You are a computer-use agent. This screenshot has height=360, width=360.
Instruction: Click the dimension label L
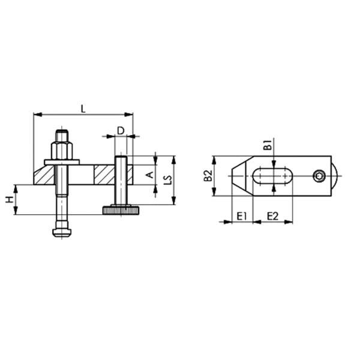(83, 107)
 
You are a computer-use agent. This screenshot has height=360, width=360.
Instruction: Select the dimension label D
(120, 130)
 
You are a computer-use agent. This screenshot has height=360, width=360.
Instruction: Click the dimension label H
(10, 199)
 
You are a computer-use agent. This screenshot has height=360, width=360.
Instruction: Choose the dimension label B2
(207, 175)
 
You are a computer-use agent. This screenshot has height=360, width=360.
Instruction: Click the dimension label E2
(272, 215)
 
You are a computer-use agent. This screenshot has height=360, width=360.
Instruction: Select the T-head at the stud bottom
(62, 230)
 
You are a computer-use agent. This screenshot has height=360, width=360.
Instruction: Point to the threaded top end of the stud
(62, 134)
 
